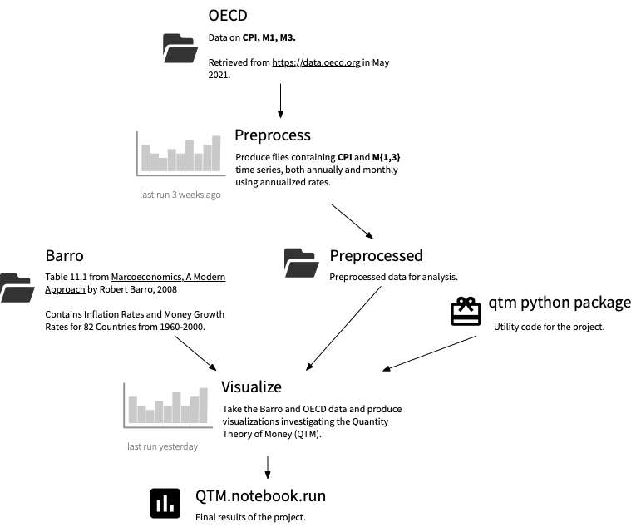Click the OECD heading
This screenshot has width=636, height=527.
(228, 16)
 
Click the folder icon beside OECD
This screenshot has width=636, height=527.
(180, 49)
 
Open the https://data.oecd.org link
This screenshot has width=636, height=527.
(316, 62)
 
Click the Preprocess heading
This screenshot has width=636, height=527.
(272, 135)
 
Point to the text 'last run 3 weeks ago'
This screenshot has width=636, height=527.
(180, 195)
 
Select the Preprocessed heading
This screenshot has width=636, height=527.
(376, 255)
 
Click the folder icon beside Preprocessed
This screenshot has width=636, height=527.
(302, 262)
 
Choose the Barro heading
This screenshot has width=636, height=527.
(65, 255)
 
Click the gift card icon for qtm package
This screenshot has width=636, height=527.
(466, 311)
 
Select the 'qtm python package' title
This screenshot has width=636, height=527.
(560, 303)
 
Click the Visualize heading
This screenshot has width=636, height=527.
(251, 387)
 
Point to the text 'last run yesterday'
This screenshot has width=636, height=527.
(162, 446)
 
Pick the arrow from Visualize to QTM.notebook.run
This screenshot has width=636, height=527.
(267, 466)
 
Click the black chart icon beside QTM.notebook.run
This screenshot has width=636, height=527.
(165, 503)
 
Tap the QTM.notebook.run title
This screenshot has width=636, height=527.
(260, 496)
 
